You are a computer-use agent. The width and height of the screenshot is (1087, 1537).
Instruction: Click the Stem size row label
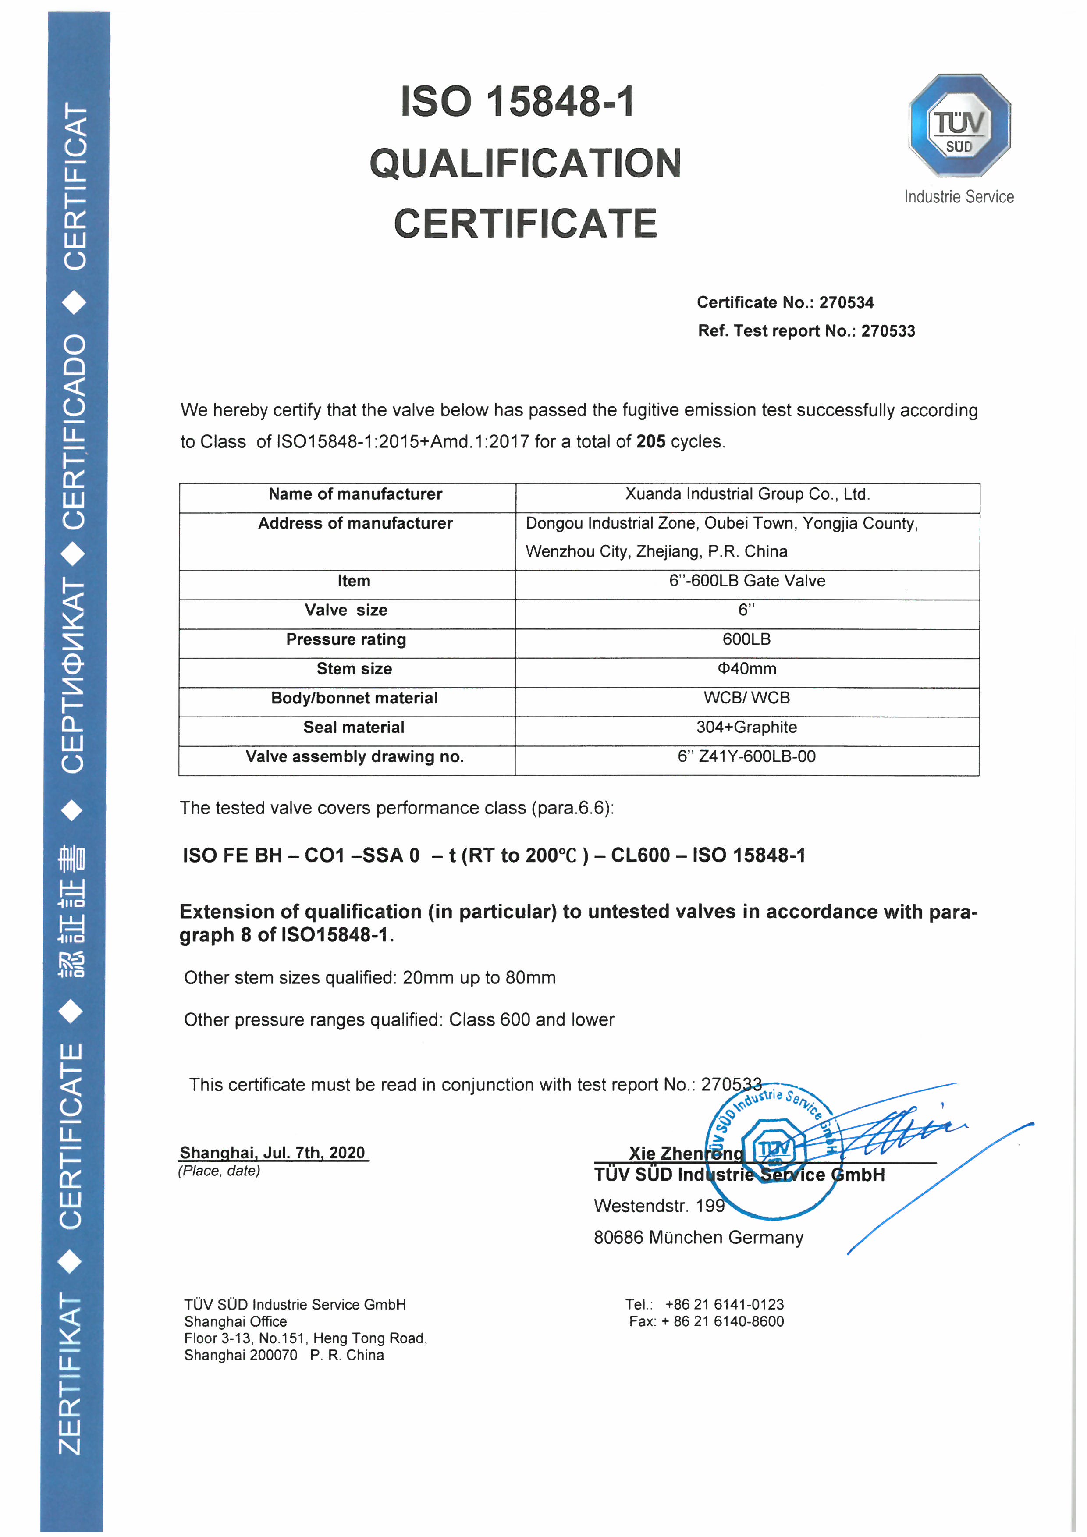coord(354,669)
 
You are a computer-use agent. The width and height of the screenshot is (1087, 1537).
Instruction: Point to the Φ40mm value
coord(747,669)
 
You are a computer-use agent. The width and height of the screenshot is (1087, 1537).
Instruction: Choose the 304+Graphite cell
coord(747,727)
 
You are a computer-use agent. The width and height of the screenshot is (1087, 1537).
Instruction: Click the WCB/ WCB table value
coord(747,698)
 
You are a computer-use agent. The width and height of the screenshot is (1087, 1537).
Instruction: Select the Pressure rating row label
coord(346,639)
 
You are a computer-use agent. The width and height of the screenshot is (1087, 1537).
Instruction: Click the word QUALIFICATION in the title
coord(526,164)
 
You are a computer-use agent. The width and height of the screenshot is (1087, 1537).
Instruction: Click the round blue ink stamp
coord(773,1150)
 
